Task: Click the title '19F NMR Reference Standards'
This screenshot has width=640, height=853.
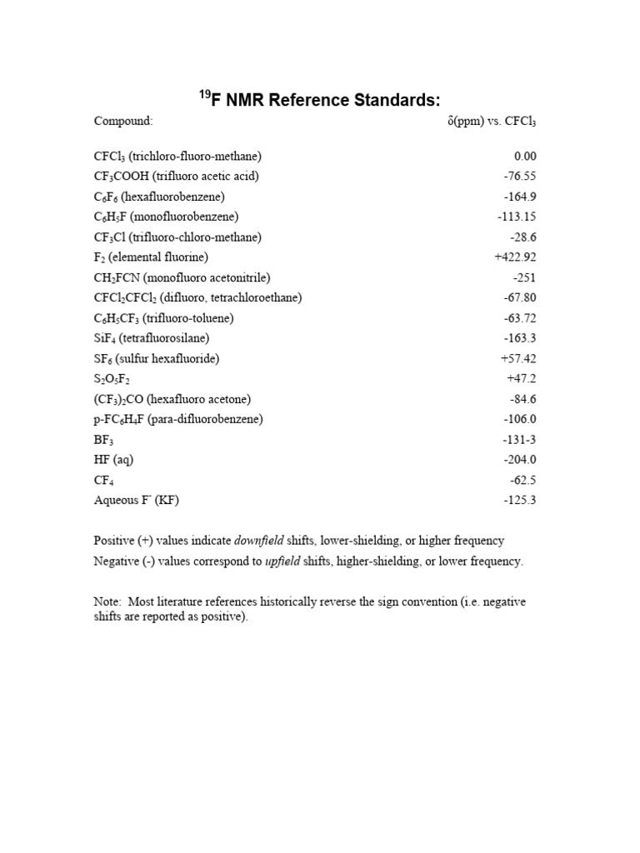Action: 319,100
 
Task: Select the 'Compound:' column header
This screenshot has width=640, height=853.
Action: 122,122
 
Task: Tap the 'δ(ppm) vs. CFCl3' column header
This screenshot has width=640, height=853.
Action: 492,122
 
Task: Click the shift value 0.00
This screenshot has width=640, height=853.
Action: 525,157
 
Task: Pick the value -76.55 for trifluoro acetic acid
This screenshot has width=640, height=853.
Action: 520,177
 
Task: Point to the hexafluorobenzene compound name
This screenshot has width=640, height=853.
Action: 159,197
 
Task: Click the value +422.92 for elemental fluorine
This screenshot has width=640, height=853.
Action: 515,257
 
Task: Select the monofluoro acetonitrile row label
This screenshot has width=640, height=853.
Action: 182,277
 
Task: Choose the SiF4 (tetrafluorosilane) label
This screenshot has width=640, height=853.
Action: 152,338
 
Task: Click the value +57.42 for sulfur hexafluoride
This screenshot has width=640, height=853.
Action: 517,358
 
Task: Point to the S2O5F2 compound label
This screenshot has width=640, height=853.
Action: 112,379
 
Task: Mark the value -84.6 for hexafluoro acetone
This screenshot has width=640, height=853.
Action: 522,399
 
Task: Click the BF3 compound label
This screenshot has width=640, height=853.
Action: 103,440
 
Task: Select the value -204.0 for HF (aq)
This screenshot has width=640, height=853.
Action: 520,460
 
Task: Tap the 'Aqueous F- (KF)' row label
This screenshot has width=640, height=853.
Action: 137,501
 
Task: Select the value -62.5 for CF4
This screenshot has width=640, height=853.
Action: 522,481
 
